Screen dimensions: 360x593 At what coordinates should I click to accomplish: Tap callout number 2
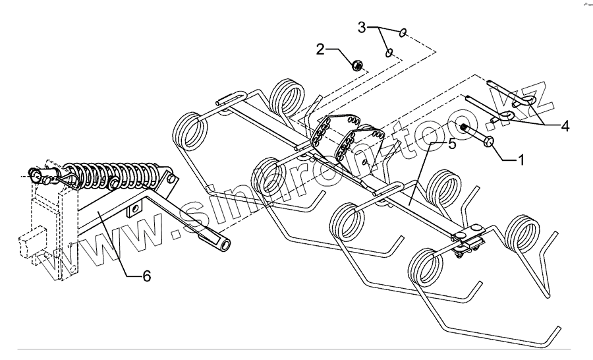320,49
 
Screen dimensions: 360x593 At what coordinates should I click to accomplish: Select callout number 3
362,28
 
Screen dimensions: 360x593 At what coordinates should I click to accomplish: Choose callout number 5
451,144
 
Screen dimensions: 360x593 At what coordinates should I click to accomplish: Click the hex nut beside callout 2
355,65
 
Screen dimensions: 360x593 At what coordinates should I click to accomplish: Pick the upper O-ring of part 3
403,32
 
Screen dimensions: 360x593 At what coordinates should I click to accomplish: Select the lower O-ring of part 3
389,51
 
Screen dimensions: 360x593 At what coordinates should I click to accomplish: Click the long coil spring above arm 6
115,173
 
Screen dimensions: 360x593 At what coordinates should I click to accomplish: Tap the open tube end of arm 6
225,244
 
